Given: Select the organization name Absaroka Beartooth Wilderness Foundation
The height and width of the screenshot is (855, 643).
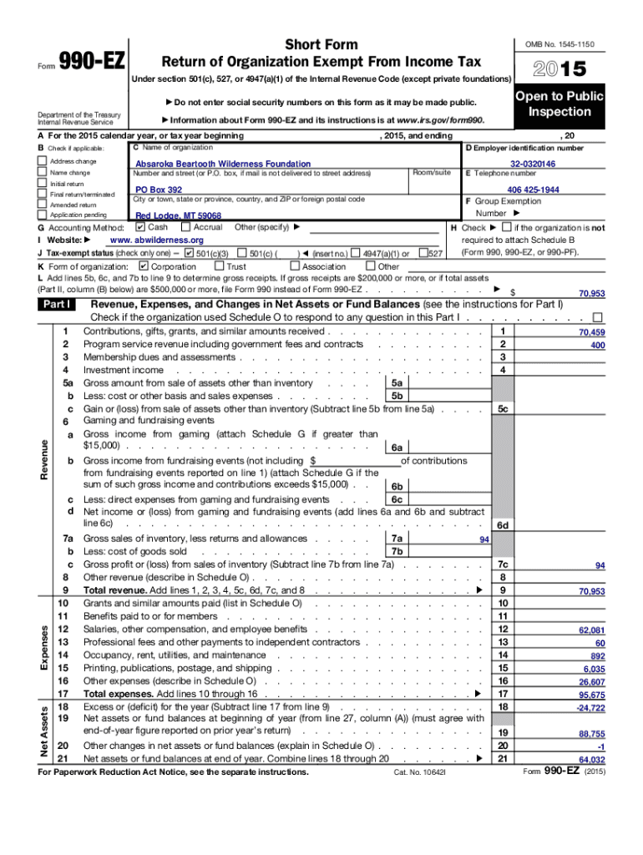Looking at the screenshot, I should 223,165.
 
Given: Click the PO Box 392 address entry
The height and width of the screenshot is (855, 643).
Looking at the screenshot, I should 159,190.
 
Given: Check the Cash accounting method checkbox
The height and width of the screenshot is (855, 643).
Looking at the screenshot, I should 139,227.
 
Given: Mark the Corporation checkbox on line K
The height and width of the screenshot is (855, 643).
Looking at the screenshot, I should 143,266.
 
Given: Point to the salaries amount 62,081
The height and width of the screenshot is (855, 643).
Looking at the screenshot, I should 591,630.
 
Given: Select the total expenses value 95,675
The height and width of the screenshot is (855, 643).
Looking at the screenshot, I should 591,695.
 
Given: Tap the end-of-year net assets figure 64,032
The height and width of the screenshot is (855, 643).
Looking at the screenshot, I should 591,760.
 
